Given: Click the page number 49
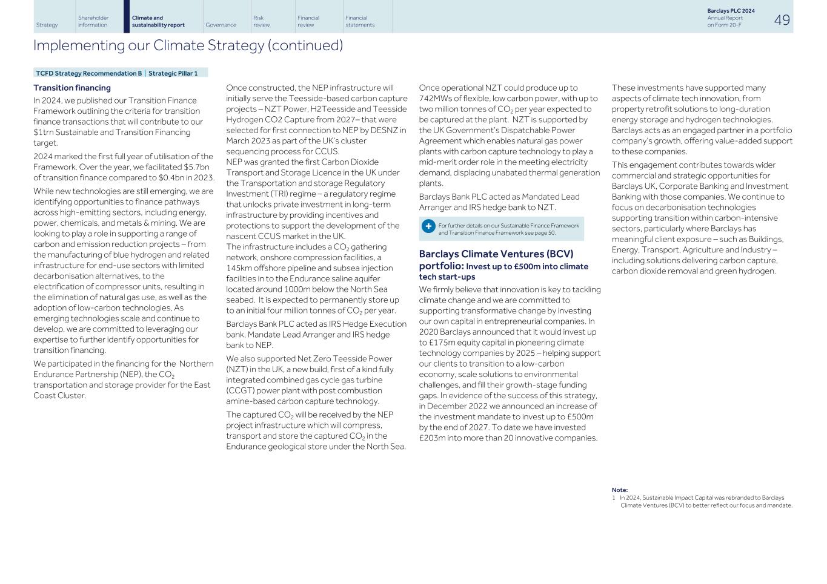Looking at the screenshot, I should tap(782, 20).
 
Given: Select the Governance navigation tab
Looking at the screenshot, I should tap(221, 25).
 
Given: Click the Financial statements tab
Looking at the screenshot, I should tap(360, 21).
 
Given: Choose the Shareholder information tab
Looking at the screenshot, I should tap(93, 21).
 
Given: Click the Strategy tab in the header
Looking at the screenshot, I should tap(47, 25).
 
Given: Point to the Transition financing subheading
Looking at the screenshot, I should tap(71, 88).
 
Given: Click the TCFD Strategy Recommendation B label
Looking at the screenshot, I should tap(88, 73).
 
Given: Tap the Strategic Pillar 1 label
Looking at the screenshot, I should tap(173, 73).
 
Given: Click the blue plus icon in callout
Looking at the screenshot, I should tap(428, 226).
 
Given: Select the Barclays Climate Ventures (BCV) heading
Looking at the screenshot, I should tap(496, 254).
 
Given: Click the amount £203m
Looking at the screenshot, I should tap(433, 438).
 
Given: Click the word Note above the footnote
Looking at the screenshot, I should tap(619, 490).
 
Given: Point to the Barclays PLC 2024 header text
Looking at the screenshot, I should tap(731, 11).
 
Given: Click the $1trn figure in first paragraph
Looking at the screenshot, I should tap(45, 133).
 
